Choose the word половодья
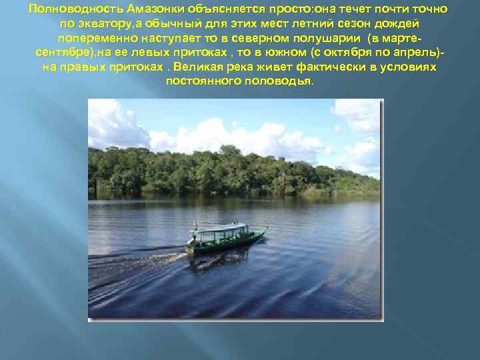click(x=280, y=81)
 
